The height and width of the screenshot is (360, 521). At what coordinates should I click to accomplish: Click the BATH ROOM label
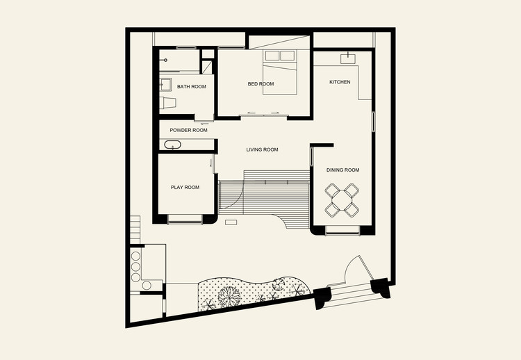[x=192, y=87]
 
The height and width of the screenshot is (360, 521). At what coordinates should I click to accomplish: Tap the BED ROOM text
[x=260, y=84]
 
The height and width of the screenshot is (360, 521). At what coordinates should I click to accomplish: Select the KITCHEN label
[x=340, y=82]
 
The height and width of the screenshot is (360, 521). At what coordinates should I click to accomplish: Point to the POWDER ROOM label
[x=188, y=130]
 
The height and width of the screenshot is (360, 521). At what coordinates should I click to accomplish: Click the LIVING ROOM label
[x=262, y=150]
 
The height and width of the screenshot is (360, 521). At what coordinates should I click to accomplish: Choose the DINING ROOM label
[x=342, y=170]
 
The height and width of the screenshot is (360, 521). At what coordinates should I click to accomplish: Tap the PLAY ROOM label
[x=185, y=188]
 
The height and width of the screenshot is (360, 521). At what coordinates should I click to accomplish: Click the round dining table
[x=342, y=200]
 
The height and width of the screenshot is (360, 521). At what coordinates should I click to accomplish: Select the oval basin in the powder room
[x=172, y=145]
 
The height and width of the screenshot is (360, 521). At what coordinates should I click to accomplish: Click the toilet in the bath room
[x=167, y=103]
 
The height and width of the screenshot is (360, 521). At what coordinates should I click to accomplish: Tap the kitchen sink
[x=348, y=59]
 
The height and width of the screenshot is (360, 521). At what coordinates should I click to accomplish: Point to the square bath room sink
[x=165, y=85]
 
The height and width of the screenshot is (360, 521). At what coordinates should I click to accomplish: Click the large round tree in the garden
[x=229, y=297]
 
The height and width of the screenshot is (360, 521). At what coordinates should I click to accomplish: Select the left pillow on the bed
[x=272, y=56]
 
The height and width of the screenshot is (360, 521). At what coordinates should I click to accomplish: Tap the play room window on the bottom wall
[x=185, y=220]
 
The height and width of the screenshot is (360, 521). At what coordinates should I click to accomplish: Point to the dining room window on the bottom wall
[x=342, y=230]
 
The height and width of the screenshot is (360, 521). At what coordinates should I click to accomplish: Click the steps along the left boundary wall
[x=135, y=230]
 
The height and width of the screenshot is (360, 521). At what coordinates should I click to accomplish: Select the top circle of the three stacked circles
[x=135, y=256]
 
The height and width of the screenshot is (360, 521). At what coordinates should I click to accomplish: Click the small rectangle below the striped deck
[x=231, y=222]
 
